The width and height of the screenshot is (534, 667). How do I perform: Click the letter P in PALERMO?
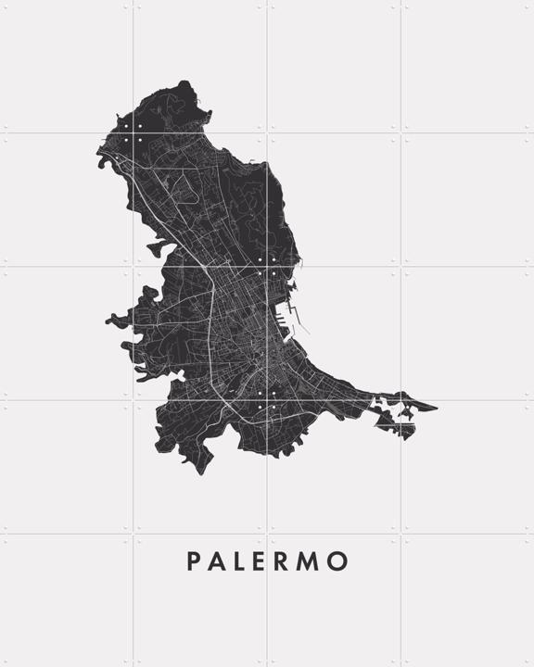coord(194,561)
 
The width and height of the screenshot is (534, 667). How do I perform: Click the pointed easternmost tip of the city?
coord(435,405)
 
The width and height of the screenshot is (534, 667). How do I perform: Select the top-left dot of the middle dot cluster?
coord(261,260)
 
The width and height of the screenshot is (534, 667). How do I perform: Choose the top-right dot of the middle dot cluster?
coord(274,260)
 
